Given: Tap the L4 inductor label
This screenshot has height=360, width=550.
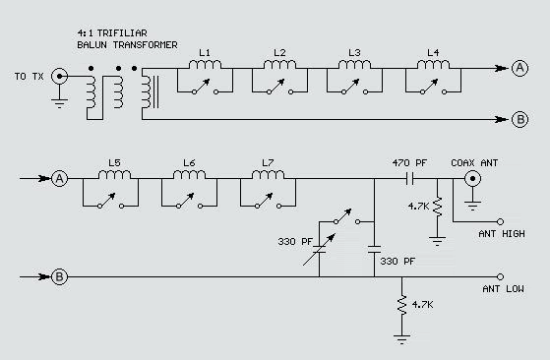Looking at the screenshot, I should [434, 51].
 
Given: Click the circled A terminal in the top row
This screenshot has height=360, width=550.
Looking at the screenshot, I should [519, 69].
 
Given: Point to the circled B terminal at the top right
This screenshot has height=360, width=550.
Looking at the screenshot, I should [519, 120].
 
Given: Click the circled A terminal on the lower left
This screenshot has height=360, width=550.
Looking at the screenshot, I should [59, 179].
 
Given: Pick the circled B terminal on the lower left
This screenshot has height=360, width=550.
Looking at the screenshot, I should [59, 276].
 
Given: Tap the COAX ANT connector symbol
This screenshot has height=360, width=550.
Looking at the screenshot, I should [473, 179].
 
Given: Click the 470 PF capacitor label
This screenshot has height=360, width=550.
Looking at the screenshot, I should [408, 162].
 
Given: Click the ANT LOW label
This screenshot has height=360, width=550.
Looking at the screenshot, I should [500, 288].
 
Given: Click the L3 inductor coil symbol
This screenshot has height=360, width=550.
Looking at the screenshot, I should [357, 66].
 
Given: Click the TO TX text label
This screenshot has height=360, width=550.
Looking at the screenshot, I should [29, 75].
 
